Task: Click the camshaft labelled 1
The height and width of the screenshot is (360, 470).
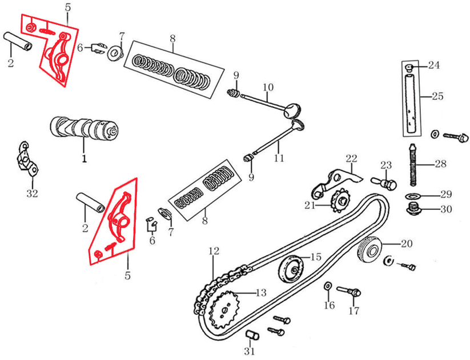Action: (84, 128)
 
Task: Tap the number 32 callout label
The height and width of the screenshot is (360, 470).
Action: (33, 193)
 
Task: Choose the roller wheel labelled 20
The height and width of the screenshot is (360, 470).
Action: (370, 250)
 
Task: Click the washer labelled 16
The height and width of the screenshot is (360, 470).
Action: (327, 286)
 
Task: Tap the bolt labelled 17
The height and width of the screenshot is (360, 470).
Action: (349, 291)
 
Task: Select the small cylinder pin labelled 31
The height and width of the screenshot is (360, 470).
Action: (252, 335)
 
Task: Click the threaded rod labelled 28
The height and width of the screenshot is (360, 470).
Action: (413, 164)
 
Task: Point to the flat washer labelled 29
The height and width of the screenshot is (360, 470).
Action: (413, 196)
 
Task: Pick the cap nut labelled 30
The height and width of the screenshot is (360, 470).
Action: (415, 208)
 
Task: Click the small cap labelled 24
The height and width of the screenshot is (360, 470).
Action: (409, 68)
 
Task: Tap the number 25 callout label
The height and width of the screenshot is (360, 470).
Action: (437, 96)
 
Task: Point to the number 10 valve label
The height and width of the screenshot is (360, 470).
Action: (268, 87)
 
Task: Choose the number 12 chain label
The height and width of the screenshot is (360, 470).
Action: (214, 251)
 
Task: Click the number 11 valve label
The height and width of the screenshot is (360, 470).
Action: (279, 158)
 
